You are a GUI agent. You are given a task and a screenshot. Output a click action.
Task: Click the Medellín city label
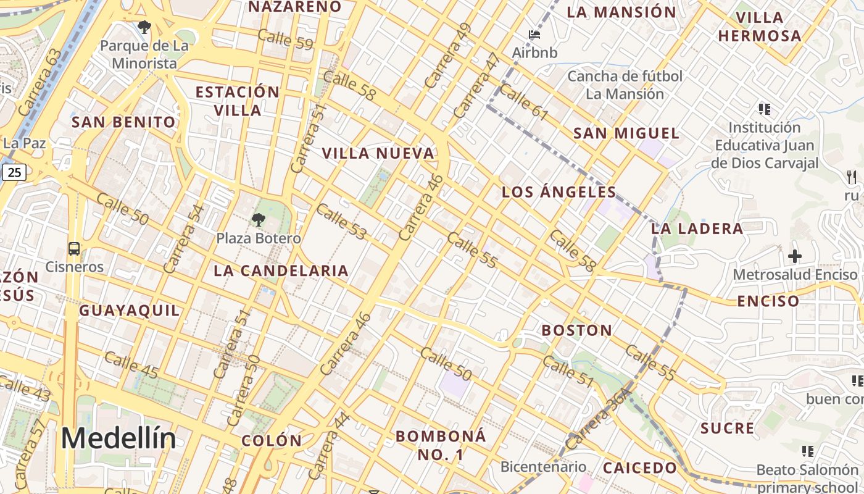[x=118, y=439]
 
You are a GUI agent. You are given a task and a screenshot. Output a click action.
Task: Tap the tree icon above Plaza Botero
[x=259, y=219]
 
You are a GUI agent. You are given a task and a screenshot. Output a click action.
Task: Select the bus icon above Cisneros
[x=74, y=249]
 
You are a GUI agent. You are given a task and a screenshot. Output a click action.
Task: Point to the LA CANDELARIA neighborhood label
[x=281, y=270]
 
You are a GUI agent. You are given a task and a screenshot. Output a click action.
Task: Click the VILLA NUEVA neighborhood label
[x=378, y=153]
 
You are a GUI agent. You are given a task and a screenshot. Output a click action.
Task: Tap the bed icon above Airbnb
[x=534, y=34]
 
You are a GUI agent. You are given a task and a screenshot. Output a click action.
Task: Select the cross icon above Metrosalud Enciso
[x=795, y=256]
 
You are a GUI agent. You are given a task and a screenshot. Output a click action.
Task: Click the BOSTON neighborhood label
[x=577, y=330]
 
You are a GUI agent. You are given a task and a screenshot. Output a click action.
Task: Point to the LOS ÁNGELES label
[x=559, y=192]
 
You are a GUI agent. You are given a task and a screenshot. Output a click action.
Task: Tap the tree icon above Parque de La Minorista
[x=144, y=27]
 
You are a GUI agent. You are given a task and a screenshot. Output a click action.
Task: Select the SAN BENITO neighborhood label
[x=124, y=122]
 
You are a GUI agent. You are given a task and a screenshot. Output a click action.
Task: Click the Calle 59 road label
[x=285, y=39]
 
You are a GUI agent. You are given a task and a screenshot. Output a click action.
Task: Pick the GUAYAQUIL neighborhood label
[x=130, y=311]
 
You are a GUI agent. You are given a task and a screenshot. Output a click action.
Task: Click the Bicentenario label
[x=543, y=466]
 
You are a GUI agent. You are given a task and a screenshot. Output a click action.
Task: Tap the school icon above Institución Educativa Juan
[x=765, y=109]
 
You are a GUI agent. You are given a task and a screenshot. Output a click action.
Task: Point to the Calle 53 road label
[x=341, y=221]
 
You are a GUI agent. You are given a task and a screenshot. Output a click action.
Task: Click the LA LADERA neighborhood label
[x=697, y=228]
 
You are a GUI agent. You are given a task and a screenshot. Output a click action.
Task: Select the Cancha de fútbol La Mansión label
[x=625, y=85]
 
